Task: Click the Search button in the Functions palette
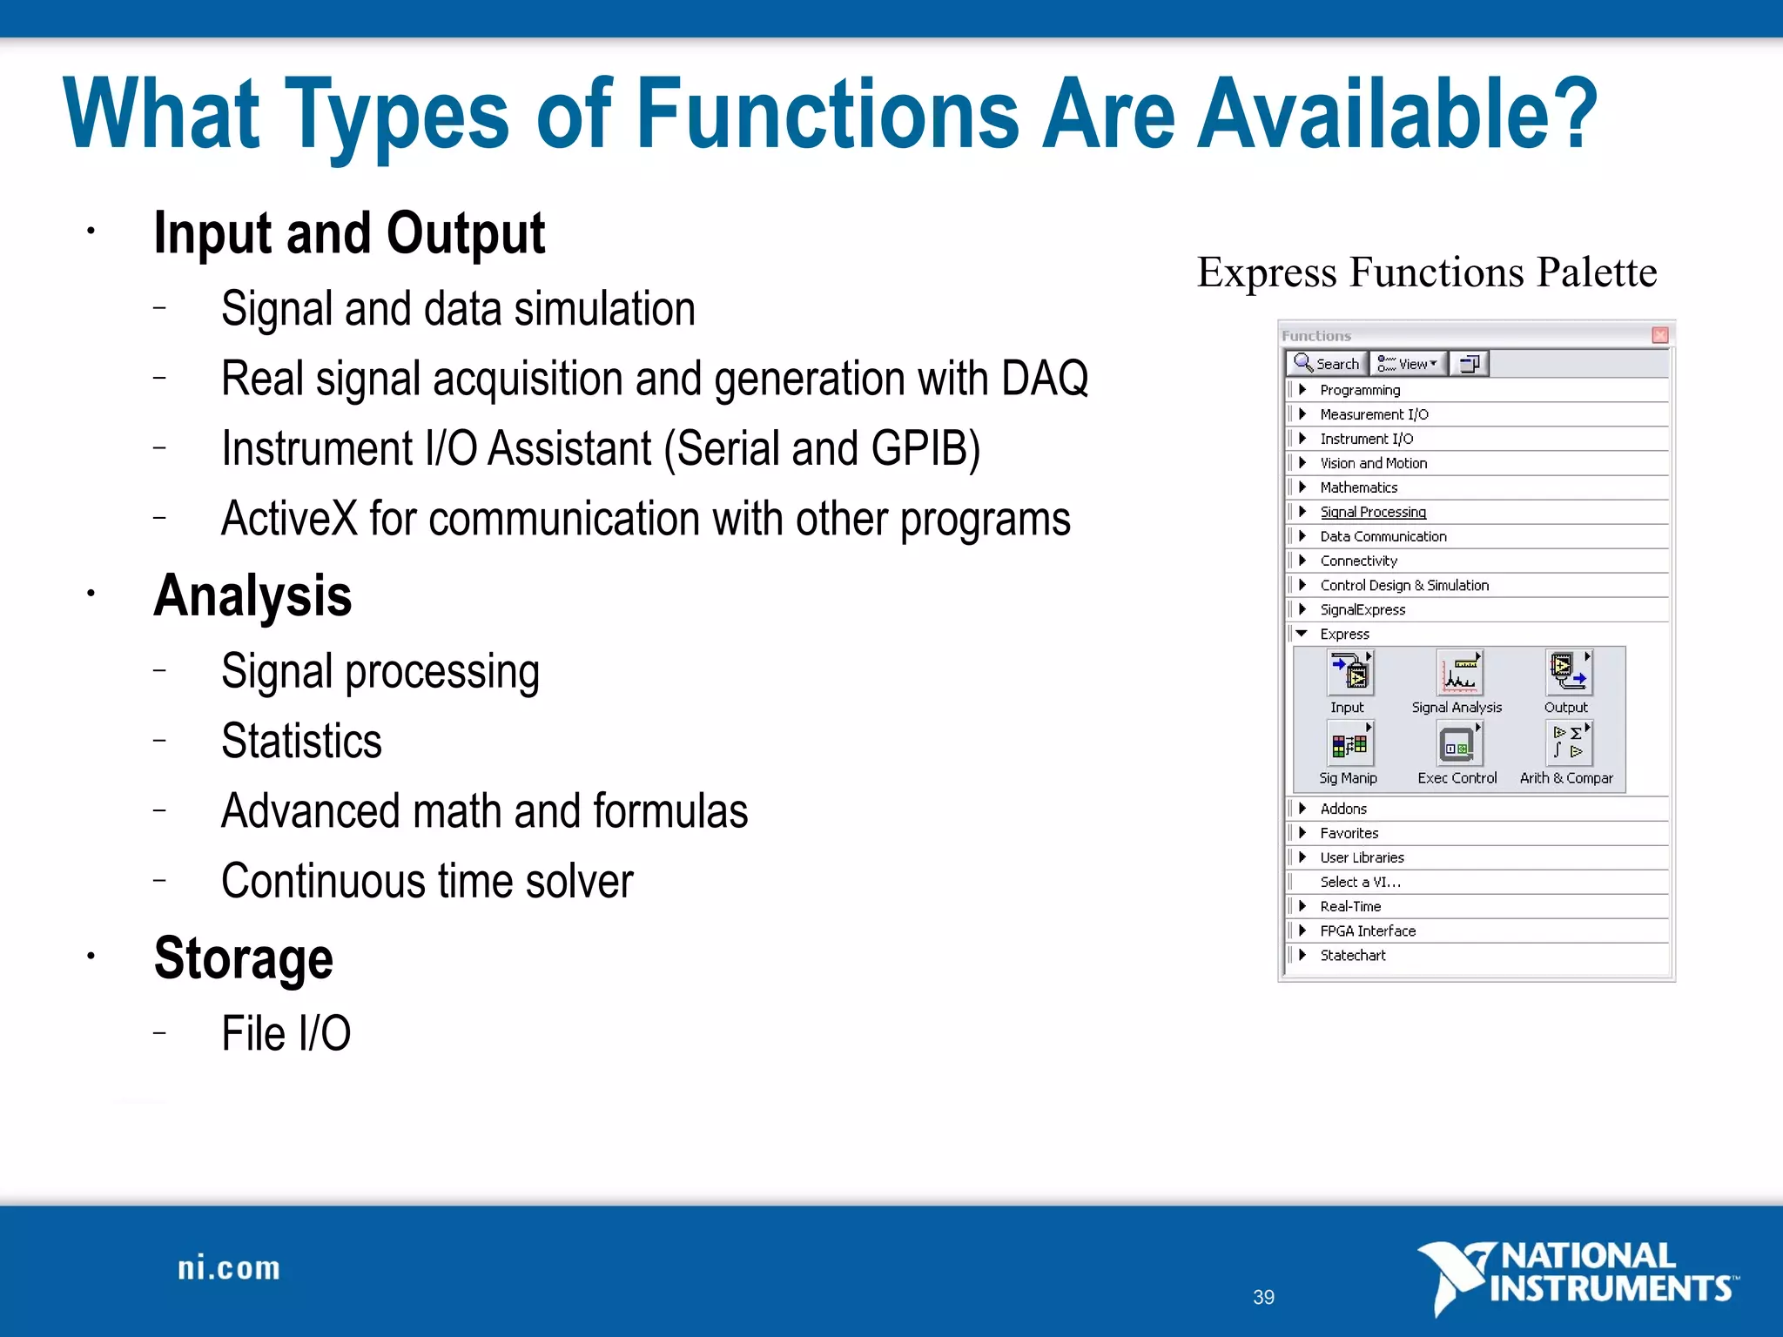(x=1326, y=364)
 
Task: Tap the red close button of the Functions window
(x=1659, y=335)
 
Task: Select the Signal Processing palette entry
(x=1372, y=512)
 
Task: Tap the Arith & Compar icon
(x=1568, y=745)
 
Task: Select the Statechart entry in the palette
(x=1352, y=955)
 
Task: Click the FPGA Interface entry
(x=1367, y=931)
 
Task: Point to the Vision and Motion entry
(x=1373, y=463)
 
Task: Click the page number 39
(x=1263, y=1297)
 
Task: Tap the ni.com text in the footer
(x=229, y=1268)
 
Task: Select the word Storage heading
(x=244, y=957)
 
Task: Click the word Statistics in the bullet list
(x=301, y=741)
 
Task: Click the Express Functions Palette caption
(x=1426, y=272)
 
